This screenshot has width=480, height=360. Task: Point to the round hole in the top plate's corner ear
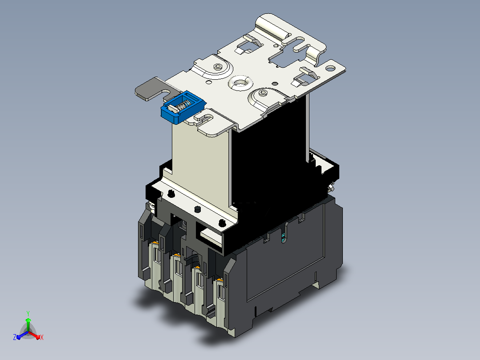pos(330,68)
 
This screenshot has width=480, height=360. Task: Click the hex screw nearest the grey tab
pos(218,66)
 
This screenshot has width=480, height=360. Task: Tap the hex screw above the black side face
pos(263,92)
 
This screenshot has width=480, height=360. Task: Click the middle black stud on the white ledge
pos(197,209)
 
